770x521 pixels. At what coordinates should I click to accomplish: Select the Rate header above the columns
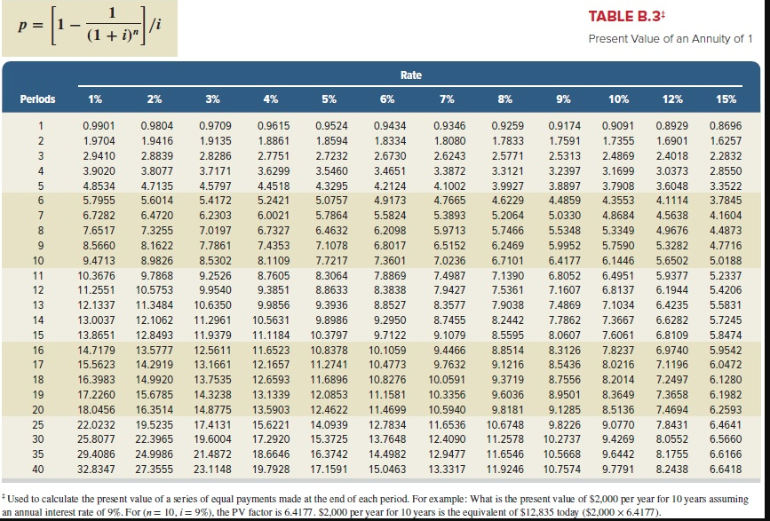click(x=410, y=75)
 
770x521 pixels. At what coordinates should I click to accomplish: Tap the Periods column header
click(x=38, y=99)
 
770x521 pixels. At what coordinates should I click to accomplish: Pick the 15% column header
click(x=726, y=99)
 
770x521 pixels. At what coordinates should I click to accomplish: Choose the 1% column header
click(x=94, y=99)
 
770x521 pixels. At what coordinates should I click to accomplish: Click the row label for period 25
click(x=38, y=424)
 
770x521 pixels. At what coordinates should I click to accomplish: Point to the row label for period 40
click(x=38, y=467)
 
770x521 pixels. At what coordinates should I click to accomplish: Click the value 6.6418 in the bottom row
click(x=726, y=467)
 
